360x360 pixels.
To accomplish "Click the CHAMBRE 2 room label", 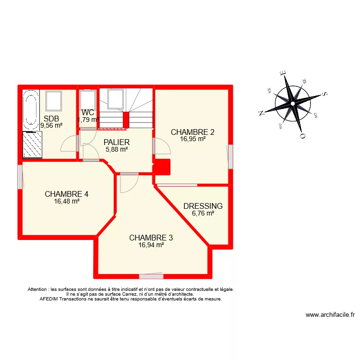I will (192, 132).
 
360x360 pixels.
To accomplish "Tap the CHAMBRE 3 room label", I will (151, 238).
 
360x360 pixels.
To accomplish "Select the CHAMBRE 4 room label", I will (66, 194).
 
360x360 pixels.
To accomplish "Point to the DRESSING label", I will (203, 206).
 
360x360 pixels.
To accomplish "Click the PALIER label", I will (117, 142).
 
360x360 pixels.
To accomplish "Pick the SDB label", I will (51, 119).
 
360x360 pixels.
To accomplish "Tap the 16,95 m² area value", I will (192, 139).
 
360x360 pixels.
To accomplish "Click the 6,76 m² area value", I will (203, 214).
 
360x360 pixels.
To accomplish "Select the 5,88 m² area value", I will (117, 149).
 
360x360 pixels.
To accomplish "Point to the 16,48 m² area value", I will (66, 202).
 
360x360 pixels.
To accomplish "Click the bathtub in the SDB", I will (31, 110).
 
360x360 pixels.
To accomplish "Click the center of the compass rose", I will (292, 104).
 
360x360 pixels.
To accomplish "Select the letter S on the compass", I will (324, 94).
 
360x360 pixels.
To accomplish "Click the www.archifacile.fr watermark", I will (330, 315).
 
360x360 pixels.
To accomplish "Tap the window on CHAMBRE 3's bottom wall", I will (151, 276).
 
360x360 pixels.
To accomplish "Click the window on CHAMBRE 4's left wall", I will (20, 177).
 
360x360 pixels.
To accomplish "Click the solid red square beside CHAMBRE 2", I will (162, 168).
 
